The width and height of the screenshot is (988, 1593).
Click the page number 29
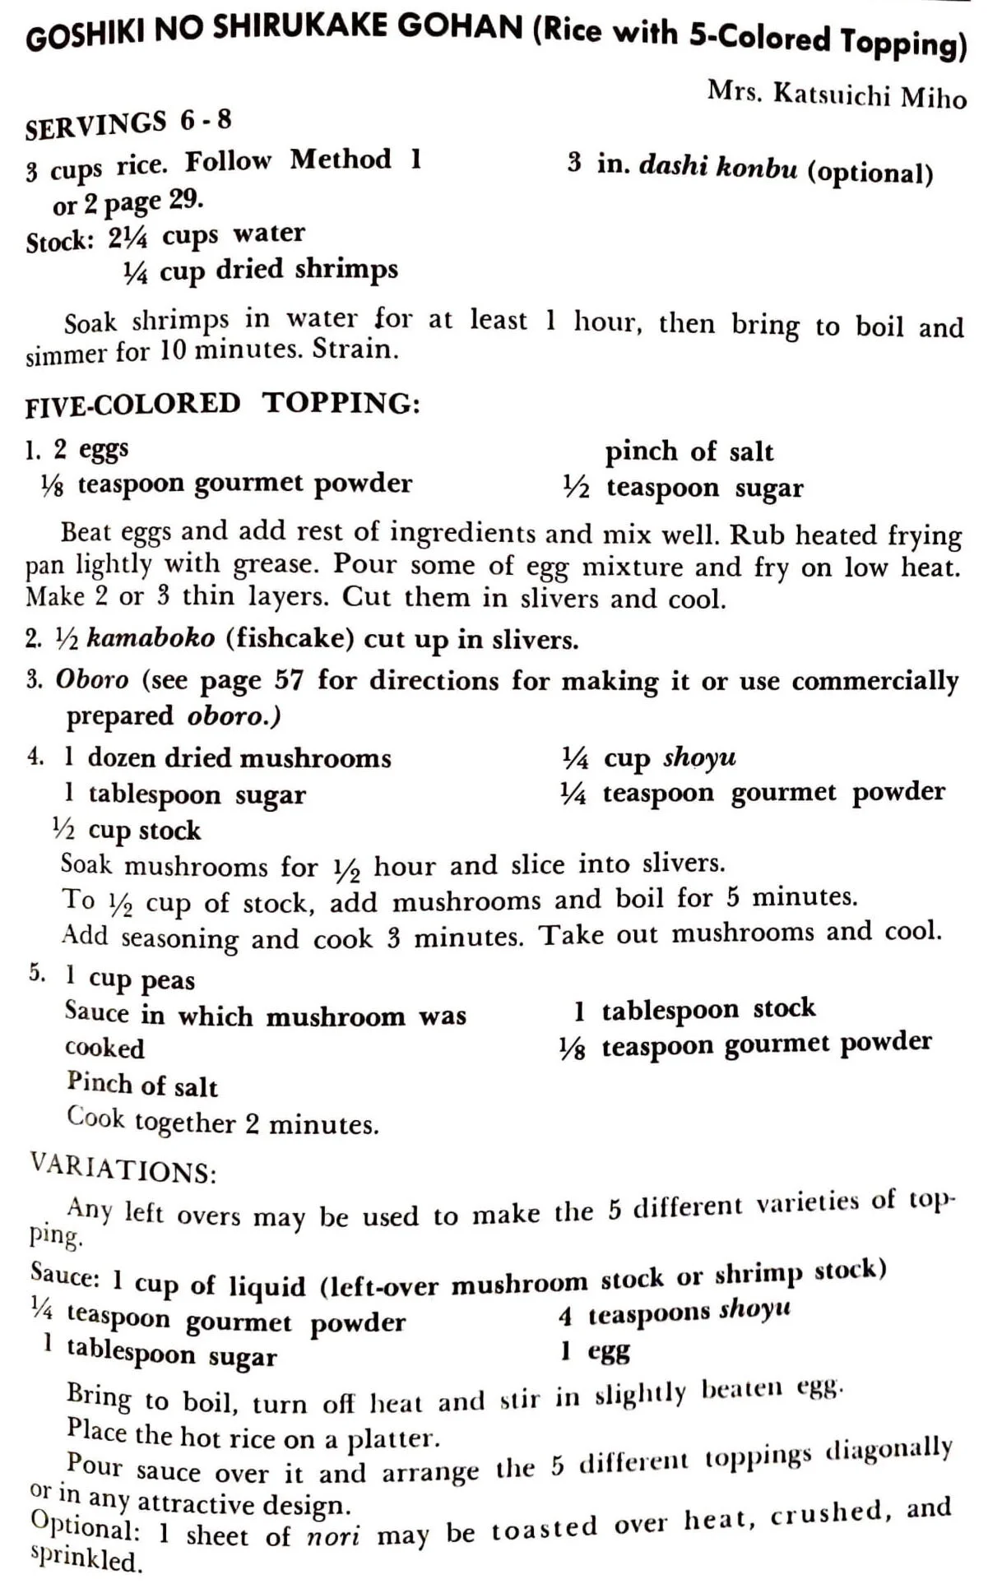tap(186, 200)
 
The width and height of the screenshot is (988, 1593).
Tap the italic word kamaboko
tap(151, 638)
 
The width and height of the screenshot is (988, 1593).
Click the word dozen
tap(123, 757)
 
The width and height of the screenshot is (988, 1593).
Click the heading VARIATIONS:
tap(123, 1169)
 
